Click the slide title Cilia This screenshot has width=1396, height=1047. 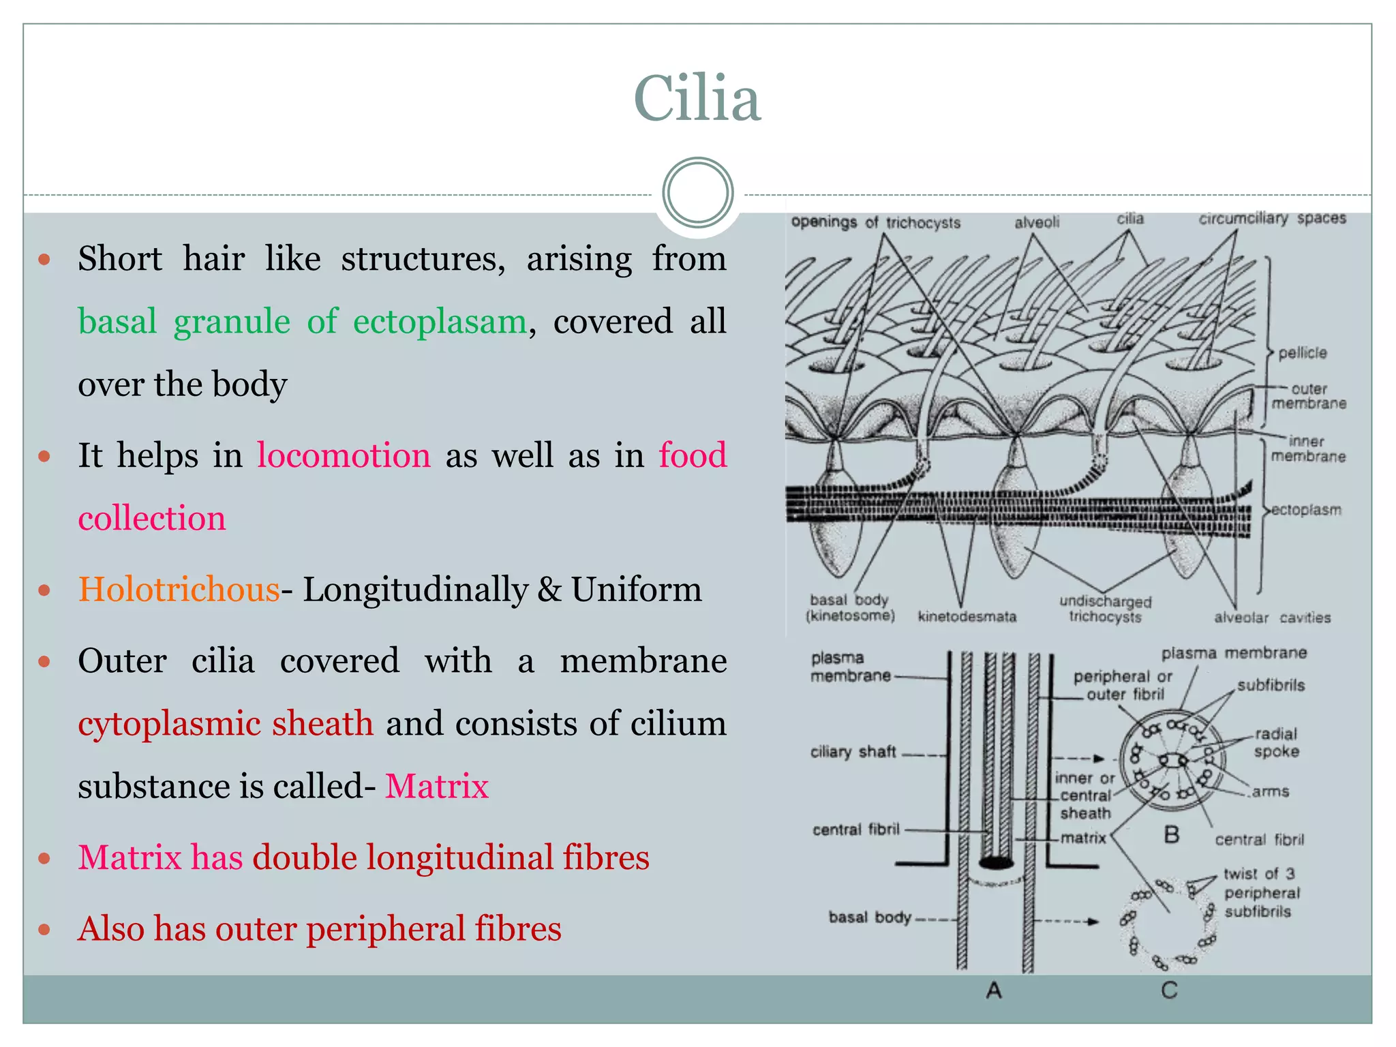[697, 100]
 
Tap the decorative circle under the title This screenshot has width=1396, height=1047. [697, 193]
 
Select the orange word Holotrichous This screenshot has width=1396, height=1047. [179, 589]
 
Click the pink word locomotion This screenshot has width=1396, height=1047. [344, 455]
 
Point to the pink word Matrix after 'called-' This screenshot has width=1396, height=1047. [437, 786]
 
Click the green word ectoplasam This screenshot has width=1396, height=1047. [440, 321]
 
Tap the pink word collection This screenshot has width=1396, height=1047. [151, 518]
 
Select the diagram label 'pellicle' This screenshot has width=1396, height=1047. [1302, 353]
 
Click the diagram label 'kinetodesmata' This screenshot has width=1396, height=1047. [967, 617]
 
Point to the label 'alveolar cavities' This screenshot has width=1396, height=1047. [1272, 618]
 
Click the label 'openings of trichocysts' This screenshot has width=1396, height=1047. [875, 222]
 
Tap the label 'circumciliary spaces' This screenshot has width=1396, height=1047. [1272, 218]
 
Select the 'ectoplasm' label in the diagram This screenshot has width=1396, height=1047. [1307, 510]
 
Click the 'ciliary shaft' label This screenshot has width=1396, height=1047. [853, 752]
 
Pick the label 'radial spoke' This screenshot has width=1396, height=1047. [1276, 743]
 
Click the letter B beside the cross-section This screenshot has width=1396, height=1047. [1171, 834]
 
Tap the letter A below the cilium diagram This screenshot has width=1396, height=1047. [994, 990]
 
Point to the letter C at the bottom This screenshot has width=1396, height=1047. [1169, 990]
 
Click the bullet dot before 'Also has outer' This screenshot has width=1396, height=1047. [45, 929]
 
